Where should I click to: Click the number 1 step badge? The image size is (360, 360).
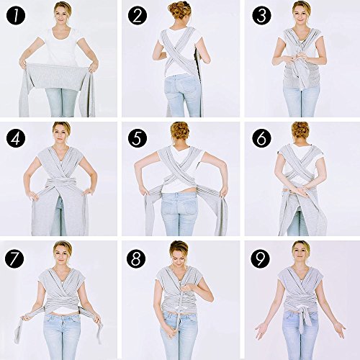pos(16,16)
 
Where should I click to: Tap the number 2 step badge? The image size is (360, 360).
pos(138,16)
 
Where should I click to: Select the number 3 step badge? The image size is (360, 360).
pos(261,16)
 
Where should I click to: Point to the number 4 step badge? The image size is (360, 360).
pos(16,138)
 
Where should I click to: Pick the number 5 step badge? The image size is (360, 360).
pos(138,138)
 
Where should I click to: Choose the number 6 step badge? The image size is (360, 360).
pos(261,138)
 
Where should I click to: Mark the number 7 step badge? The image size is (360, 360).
pos(14,258)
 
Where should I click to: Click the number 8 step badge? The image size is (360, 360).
pos(136,258)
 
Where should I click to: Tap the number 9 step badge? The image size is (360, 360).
pos(261,258)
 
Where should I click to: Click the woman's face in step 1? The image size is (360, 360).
pos(63,15)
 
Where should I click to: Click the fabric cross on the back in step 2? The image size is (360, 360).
pos(179,53)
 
